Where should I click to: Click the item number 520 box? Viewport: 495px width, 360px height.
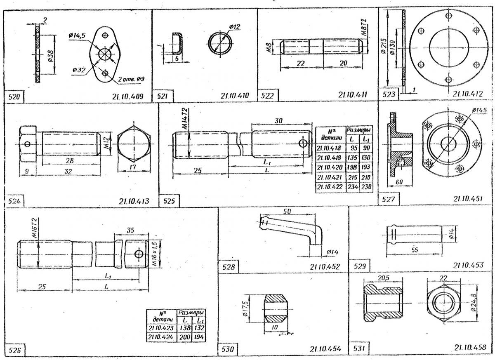tap(15, 97)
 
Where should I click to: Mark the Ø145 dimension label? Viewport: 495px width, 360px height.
tap(480, 111)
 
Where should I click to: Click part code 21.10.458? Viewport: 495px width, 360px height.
tap(469, 347)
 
